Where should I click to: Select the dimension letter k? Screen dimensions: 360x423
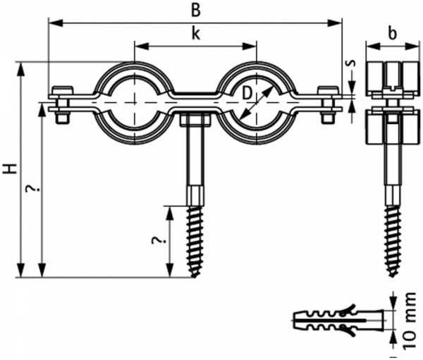pyautogui.click(x=195, y=33)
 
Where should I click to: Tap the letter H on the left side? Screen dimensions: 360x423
pyautogui.click(x=9, y=169)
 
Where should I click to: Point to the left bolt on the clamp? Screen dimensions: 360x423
pyautogui.click(x=62, y=104)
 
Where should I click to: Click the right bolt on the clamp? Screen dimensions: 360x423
pyautogui.click(x=327, y=104)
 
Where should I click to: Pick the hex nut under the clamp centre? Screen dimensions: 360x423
pyautogui.click(x=195, y=120)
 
